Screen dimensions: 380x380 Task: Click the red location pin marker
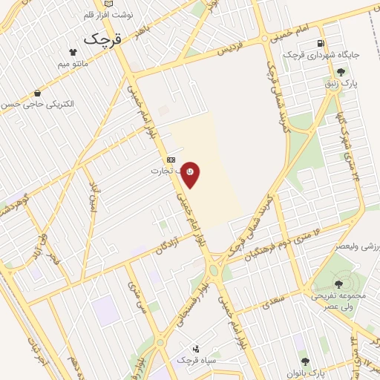pos(191,174)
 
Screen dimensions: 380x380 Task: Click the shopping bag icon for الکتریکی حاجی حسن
pos(37,94)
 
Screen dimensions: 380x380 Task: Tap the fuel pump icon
pos(321,43)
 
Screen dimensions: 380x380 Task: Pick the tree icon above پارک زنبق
pos(340,72)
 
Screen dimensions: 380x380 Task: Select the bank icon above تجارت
pos(171,159)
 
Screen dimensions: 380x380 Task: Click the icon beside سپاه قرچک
pos(196,348)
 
